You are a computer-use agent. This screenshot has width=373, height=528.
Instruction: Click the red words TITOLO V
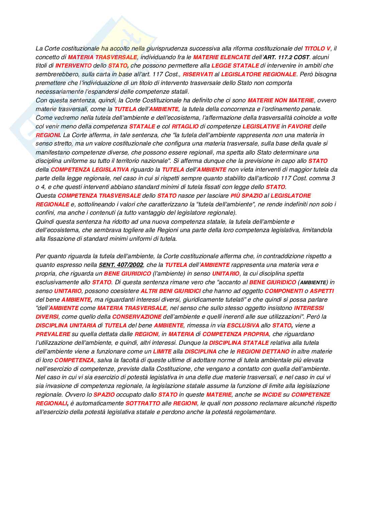(x=317, y=48)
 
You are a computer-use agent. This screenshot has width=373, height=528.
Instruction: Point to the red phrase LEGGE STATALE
(x=235, y=66)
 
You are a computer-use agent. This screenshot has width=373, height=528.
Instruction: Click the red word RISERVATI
(x=198, y=74)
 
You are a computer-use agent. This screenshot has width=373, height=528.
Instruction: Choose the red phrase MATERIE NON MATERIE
(x=281, y=100)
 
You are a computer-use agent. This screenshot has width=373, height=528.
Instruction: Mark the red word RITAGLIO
(x=185, y=126)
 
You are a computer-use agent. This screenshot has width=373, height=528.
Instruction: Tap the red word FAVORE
(x=299, y=126)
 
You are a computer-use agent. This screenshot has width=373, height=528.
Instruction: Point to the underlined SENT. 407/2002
(x=121, y=265)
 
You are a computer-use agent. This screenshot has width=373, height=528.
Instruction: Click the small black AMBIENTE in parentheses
(x=313, y=283)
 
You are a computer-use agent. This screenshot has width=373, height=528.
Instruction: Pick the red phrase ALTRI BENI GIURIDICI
(x=171, y=291)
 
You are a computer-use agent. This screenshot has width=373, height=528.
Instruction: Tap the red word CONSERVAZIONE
(x=137, y=317)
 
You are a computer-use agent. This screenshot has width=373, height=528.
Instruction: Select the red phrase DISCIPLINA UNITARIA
(x=66, y=325)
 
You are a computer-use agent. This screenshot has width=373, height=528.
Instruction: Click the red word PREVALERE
(x=53, y=334)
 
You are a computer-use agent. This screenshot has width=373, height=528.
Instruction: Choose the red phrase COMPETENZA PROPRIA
(x=236, y=334)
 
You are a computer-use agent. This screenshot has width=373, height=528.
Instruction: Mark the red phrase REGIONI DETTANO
(x=263, y=351)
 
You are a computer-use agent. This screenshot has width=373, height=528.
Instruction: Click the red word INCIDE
(x=271, y=395)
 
